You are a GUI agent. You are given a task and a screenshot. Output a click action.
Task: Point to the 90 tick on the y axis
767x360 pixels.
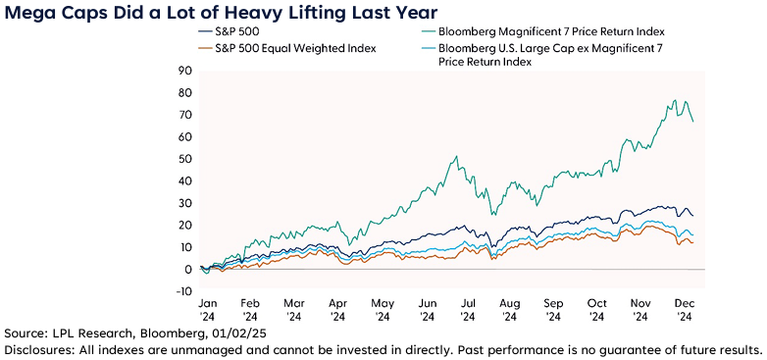(x=183, y=71)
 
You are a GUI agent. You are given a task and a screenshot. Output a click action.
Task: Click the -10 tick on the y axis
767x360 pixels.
(x=181, y=291)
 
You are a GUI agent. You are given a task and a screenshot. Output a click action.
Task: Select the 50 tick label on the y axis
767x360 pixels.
(x=183, y=159)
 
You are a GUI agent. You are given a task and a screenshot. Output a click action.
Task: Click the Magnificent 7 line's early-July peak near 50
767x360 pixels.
(x=455, y=157)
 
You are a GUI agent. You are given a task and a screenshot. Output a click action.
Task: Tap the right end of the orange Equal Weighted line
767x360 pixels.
(x=693, y=242)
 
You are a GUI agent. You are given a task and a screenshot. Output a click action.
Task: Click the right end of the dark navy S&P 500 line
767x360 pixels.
(x=693, y=216)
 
